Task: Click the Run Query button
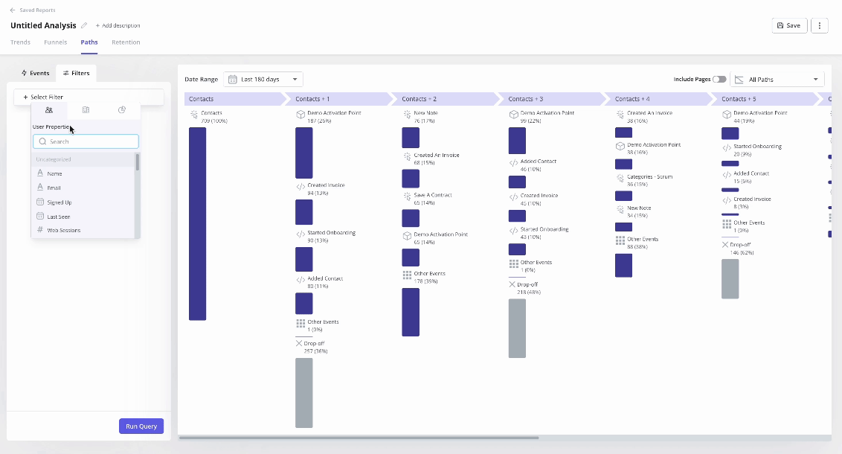[141, 426]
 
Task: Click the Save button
[788, 25]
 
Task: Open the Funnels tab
[55, 42]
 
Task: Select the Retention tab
[126, 42]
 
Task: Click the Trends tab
[20, 42]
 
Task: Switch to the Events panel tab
[36, 73]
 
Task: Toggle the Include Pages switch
[719, 80]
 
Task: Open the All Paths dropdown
[777, 80]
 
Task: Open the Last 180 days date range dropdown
[263, 80]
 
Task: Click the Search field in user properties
[86, 141]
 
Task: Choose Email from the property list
[54, 188]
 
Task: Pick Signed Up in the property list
[59, 202]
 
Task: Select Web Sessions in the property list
[63, 231]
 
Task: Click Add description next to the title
[118, 25]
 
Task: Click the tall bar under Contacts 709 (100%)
[197, 223]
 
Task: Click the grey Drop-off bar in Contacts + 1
[303, 392]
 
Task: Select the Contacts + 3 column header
[550, 99]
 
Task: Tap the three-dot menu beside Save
[819, 25]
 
